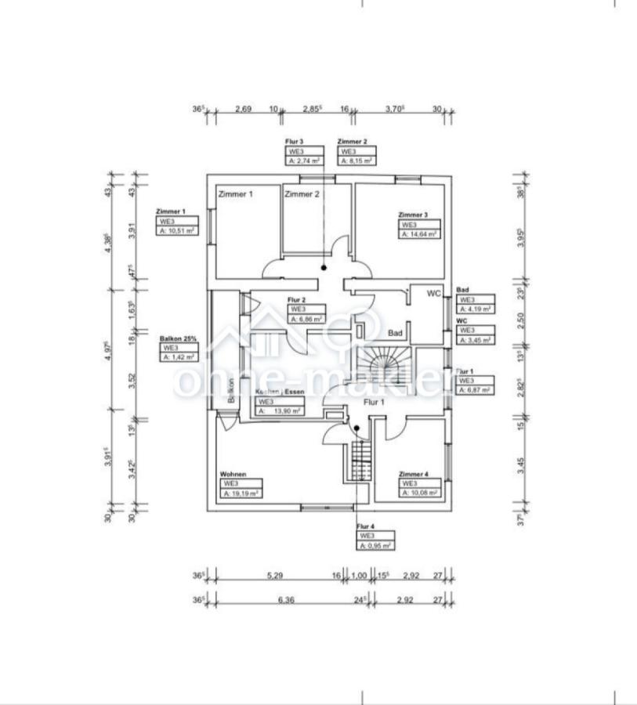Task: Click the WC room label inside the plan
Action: coord(435,294)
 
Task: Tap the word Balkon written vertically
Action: coord(231,390)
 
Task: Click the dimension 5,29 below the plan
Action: coord(274,576)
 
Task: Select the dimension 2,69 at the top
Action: coord(243,110)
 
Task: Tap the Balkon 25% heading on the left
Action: coord(178,338)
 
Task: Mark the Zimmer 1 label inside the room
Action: coord(235,194)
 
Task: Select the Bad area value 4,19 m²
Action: coord(476,309)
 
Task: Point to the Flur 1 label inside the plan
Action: coord(374,402)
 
